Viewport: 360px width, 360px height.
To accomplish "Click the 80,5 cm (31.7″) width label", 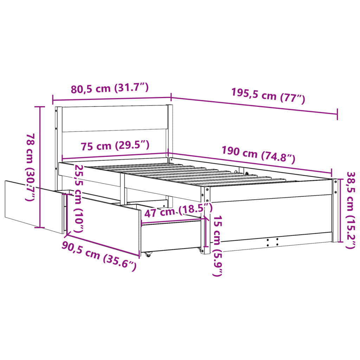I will pos(110,88).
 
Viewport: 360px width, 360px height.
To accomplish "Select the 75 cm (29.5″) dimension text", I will pos(115,146).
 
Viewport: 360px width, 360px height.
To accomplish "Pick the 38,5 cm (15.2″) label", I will pos(350,210).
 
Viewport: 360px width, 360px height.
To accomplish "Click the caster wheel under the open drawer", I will pos(147,254).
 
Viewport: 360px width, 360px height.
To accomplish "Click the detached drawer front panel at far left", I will pos(33,206).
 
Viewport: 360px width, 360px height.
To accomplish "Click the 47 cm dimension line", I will pos(172,220).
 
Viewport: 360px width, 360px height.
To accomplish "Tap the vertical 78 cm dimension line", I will pos(40,167).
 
